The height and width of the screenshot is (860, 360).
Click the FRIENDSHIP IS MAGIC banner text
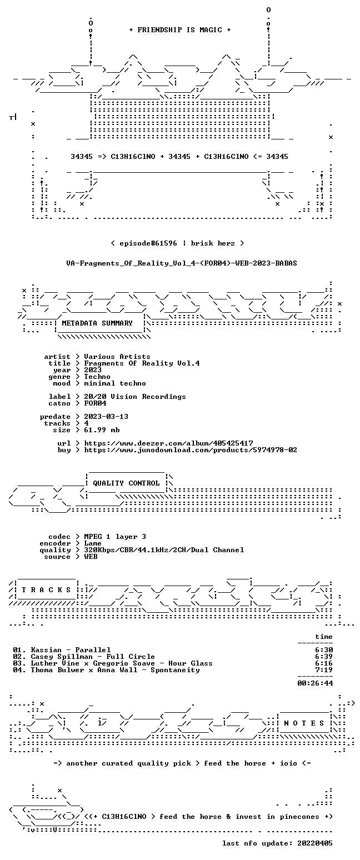(x=180, y=30)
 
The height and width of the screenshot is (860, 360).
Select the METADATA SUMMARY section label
(x=97, y=323)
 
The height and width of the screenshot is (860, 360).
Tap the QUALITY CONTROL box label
(x=126, y=483)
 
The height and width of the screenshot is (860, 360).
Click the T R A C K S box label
(x=46, y=589)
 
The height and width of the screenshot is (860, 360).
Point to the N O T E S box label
(x=304, y=723)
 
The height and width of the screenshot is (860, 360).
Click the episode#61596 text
(x=148, y=243)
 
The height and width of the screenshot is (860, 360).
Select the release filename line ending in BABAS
(x=182, y=263)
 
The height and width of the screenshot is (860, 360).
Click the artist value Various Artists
(x=117, y=357)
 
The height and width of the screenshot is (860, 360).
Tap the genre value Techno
(x=97, y=377)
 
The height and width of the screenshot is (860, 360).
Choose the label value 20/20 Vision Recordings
(x=134, y=397)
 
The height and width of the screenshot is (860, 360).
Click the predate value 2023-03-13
(x=106, y=417)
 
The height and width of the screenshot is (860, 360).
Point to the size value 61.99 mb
(x=102, y=430)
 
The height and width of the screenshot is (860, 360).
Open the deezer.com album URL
(x=168, y=443)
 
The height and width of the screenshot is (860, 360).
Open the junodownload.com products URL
(x=191, y=450)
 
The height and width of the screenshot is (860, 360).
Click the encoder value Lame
(x=93, y=543)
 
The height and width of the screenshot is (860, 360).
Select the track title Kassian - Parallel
(x=71, y=650)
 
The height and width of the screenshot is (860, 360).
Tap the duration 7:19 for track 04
(x=324, y=670)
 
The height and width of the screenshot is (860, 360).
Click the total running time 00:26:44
(x=315, y=683)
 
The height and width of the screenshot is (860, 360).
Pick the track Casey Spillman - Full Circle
(x=93, y=657)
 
